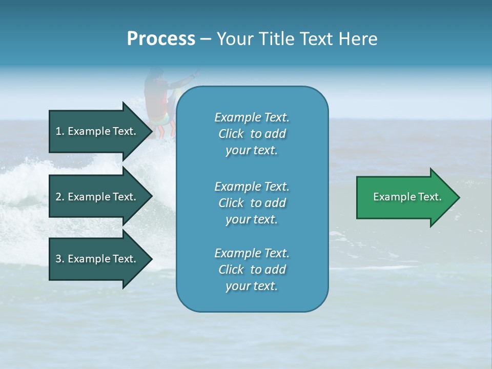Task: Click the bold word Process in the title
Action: click(161, 39)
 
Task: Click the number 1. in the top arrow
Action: click(59, 131)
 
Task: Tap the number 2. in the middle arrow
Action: click(59, 197)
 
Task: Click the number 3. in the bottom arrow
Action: click(59, 259)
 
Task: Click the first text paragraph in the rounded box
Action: click(252, 134)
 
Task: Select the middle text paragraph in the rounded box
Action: click(252, 203)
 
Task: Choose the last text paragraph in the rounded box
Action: click(252, 270)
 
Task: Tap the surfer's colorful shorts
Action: click(162, 117)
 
